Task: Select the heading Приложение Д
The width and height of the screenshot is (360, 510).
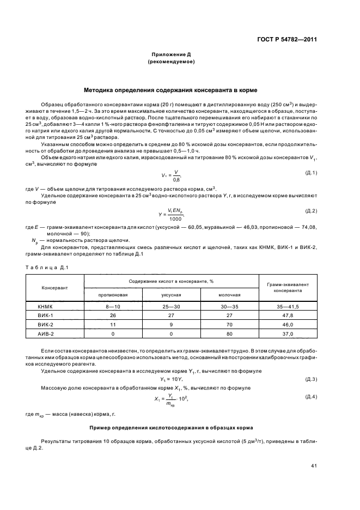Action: pyautogui.click(x=171, y=55)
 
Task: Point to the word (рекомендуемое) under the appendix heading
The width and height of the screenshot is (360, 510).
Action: pyautogui.click(x=171, y=62)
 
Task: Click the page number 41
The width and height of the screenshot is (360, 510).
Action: pyautogui.click(x=314, y=465)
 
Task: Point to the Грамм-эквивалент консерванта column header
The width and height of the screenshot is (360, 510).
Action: pyautogui.click(x=288, y=287)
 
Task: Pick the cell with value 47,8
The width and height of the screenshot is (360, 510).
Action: pyautogui.click(x=288, y=316)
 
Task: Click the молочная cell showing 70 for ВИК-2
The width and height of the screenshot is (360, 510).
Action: pyautogui.click(x=229, y=325)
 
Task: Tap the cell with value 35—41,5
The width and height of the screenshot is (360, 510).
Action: pyautogui.click(x=288, y=307)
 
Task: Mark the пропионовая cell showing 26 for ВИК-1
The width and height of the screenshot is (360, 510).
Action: pyautogui.click(x=113, y=316)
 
